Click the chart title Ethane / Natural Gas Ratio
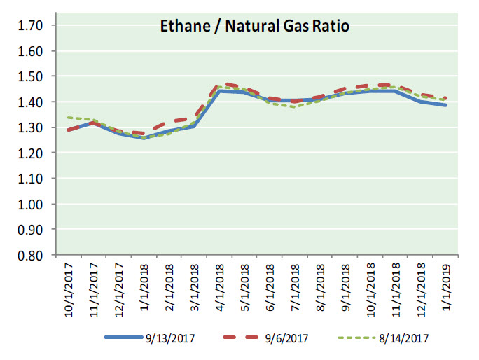click(x=253, y=27)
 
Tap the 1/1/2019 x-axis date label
click(x=446, y=290)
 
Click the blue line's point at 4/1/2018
click(x=221, y=91)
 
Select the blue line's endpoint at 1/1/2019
click(x=446, y=105)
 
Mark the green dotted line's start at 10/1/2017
click(x=67, y=118)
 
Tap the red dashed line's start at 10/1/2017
click(x=67, y=130)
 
